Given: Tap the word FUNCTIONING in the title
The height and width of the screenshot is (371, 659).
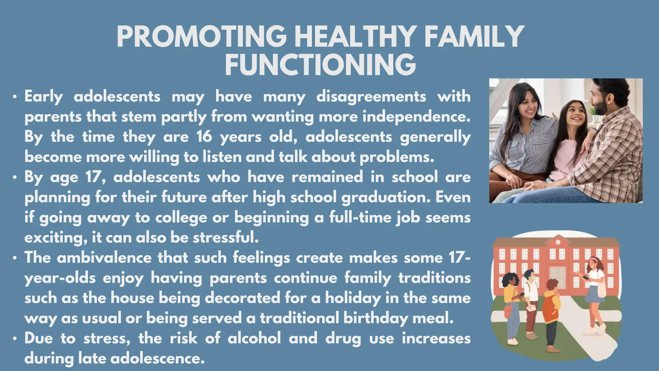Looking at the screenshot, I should click(320, 65).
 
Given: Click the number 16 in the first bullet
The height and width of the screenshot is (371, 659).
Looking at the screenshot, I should click(204, 137).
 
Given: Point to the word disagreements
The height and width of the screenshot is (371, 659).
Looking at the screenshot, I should click(371, 97).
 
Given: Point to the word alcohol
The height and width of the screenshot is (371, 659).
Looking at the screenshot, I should click(254, 338).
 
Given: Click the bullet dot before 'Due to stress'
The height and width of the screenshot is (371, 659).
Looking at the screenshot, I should click(14, 339).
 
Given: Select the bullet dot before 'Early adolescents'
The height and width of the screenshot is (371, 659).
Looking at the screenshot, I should click(14, 97).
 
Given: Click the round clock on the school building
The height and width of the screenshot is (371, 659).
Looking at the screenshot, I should click(558, 242).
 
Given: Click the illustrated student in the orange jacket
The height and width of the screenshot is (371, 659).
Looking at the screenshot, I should click(551, 306).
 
